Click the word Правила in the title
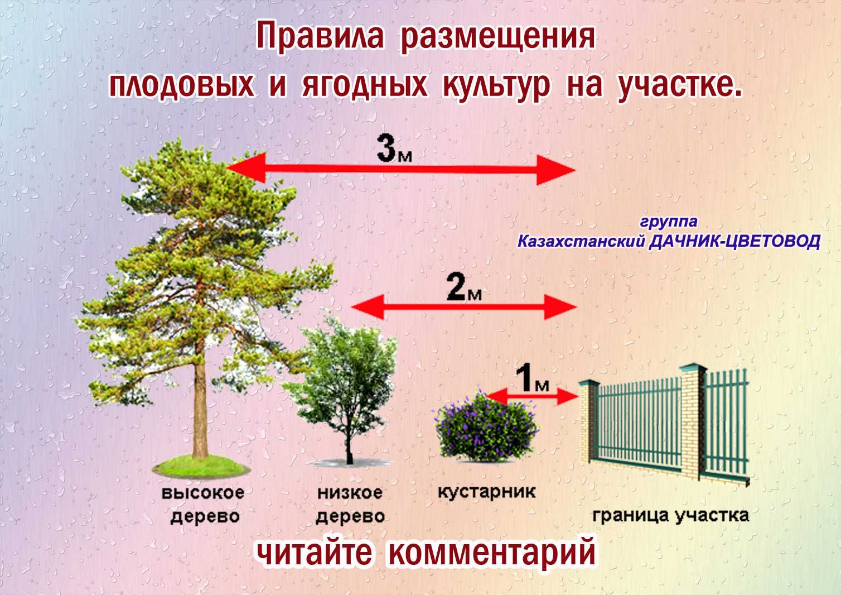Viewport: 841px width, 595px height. (x=321, y=36)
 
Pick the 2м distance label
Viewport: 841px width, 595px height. (x=464, y=287)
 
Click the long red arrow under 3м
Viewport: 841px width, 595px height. (x=401, y=170)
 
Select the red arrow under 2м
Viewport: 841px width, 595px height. (x=464, y=307)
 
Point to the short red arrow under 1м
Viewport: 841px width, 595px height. (x=531, y=396)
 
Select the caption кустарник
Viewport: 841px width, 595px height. (x=486, y=492)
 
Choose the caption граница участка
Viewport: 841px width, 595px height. (x=670, y=516)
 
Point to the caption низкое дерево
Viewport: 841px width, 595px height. (x=350, y=505)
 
